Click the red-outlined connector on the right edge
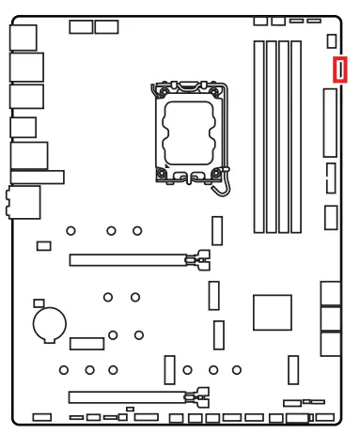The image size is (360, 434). click(x=340, y=70)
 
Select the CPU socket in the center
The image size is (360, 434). click(x=190, y=131)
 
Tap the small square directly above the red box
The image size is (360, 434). click(x=332, y=41)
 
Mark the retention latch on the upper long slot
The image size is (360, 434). click(x=197, y=256)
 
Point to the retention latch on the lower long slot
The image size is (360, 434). click(x=197, y=395)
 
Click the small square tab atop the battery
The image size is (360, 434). click(x=39, y=304)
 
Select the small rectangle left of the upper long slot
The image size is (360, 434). click(x=43, y=246)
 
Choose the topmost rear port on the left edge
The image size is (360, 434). click(x=25, y=36)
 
